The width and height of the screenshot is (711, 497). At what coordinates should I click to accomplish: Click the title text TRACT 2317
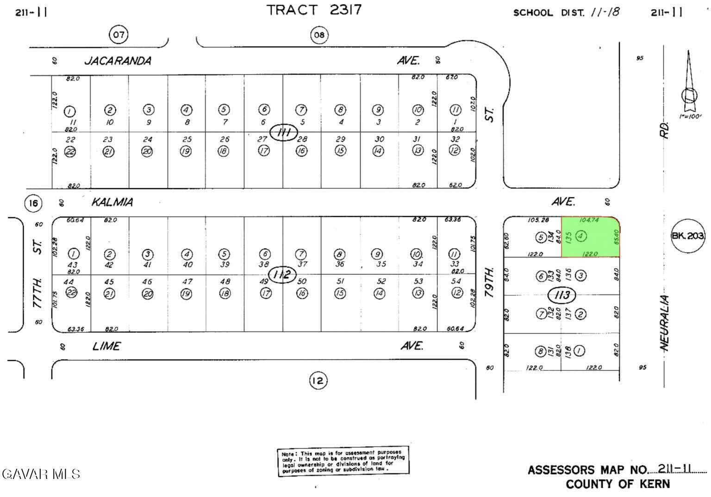click(x=314, y=10)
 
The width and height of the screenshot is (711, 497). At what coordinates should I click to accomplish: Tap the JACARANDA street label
click(x=118, y=61)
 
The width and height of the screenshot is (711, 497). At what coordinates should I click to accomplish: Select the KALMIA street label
click(x=112, y=202)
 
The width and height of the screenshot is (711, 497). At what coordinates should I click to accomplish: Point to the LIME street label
click(x=106, y=346)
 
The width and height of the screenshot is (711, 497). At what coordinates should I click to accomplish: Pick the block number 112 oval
click(x=282, y=275)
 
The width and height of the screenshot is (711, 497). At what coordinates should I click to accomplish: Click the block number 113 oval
click(x=561, y=295)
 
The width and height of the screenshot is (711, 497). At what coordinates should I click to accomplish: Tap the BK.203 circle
click(x=688, y=236)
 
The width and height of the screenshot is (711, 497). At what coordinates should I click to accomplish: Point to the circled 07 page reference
click(x=118, y=35)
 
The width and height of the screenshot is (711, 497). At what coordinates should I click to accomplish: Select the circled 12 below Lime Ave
click(x=318, y=381)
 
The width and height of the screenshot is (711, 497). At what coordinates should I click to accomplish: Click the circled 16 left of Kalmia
click(x=33, y=203)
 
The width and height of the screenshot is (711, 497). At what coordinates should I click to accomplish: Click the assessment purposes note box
click(x=343, y=461)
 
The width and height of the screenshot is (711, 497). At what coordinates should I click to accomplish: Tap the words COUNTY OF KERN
click(x=617, y=484)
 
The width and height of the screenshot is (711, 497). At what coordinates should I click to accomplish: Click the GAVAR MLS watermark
click(x=41, y=474)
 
